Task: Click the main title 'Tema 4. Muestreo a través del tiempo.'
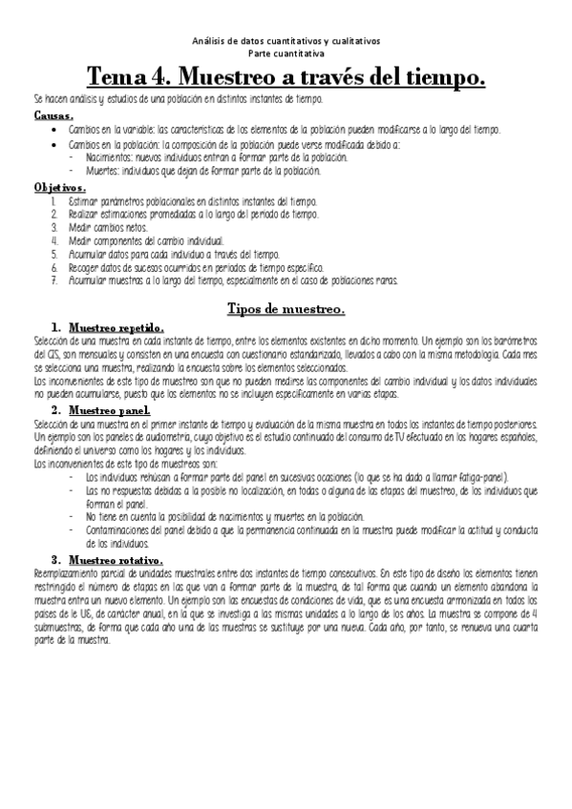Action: click(286, 75)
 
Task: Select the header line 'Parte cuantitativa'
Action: click(286, 54)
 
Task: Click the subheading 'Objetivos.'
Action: click(60, 189)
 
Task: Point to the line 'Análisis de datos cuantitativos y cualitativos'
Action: click(286, 42)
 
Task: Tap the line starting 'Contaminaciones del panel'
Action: click(286, 529)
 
